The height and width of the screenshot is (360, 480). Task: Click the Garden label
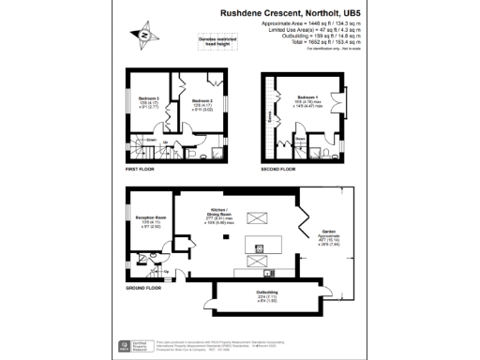click(x=327, y=234)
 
